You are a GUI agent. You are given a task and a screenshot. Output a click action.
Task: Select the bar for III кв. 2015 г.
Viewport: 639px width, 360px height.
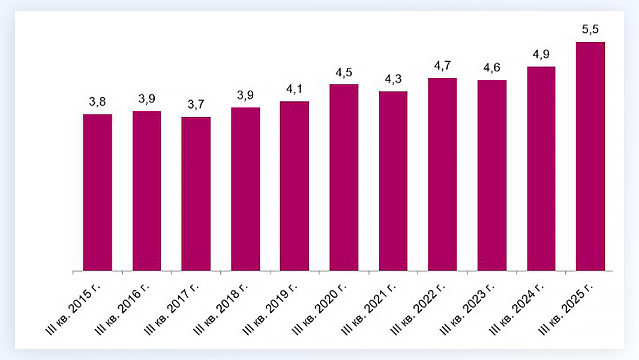(97, 192)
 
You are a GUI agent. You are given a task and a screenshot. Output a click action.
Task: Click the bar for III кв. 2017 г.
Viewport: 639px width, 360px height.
(196, 194)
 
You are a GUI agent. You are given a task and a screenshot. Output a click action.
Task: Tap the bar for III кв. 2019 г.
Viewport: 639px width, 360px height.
(295, 186)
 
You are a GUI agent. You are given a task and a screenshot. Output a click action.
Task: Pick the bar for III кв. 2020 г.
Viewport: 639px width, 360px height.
(344, 178)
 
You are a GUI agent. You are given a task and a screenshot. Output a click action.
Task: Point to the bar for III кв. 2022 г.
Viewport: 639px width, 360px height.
(442, 175)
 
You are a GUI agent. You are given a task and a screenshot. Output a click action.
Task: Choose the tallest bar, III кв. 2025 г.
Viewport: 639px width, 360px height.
(590, 157)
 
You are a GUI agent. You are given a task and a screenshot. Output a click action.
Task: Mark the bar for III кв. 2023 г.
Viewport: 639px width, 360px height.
(492, 175)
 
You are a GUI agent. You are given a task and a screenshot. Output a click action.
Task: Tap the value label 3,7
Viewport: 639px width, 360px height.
(196, 105)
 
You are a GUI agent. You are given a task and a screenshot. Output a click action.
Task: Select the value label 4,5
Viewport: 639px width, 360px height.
(344, 73)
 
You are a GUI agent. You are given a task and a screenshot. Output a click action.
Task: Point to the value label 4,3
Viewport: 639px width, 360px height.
(393, 80)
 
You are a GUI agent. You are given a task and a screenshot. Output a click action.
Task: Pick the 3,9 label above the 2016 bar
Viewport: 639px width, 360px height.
(146, 99)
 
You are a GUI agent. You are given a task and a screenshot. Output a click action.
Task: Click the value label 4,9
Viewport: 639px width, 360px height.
(541, 55)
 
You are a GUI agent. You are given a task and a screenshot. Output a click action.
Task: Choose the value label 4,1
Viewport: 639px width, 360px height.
(295, 90)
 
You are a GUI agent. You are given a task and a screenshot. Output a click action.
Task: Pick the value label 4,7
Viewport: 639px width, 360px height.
(442, 66)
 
